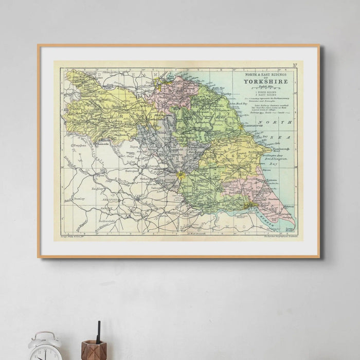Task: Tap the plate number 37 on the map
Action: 295,65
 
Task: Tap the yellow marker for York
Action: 180,176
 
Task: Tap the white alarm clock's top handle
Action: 45,334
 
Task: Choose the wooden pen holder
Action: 94,351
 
